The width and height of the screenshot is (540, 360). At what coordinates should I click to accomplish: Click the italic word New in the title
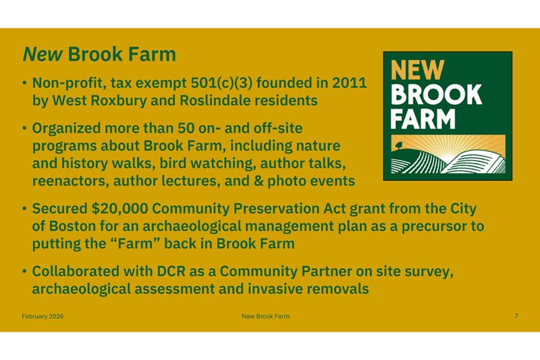point(44,54)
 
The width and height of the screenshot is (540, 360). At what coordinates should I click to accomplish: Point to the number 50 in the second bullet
point(186,128)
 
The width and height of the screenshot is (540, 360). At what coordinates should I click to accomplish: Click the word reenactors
point(70,181)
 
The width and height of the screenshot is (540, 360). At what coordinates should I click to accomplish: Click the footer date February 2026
point(43,316)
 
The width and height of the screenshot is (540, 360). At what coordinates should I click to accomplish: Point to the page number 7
point(516,316)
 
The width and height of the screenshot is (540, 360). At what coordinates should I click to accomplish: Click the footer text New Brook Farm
point(265,316)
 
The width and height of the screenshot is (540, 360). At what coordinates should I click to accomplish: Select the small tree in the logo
point(400,144)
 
